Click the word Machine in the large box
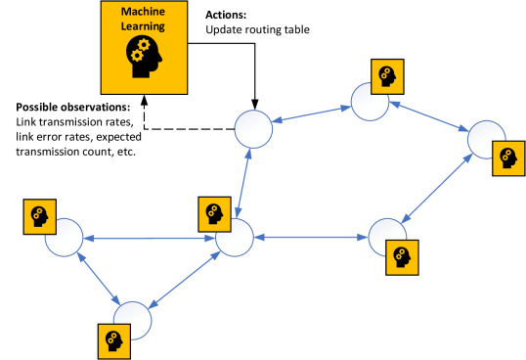(x=144, y=13)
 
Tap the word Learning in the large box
(x=144, y=26)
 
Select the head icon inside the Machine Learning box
(x=144, y=59)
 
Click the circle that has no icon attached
(x=251, y=128)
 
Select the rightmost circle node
(x=485, y=140)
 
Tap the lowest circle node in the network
(x=132, y=319)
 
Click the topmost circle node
(x=370, y=102)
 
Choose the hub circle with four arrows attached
(x=234, y=238)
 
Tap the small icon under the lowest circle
(x=112, y=340)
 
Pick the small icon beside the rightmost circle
(x=507, y=157)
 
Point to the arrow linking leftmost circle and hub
(x=149, y=238)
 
